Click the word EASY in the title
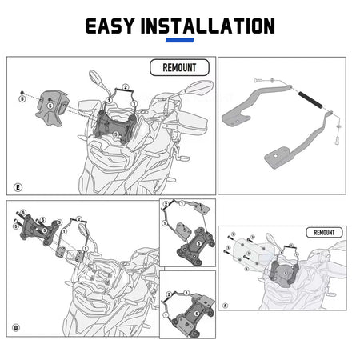(x=110, y=26)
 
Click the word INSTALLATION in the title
(x=208, y=26)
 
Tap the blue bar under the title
(x=180, y=40)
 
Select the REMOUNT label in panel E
(x=179, y=67)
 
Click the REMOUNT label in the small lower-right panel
(x=324, y=233)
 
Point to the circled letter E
(x=18, y=187)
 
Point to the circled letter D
(x=16, y=327)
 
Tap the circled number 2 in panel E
(x=126, y=87)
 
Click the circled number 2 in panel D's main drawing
(x=78, y=219)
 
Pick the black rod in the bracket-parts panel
(x=310, y=99)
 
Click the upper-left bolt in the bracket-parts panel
(x=257, y=80)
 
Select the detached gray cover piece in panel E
(x=52, y=107)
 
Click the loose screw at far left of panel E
(x=22, y=93)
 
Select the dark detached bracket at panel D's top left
(x=40, y=230)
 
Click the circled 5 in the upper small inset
(x=198, y=244)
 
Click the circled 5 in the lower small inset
(x=197, y=314)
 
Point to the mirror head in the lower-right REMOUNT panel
(x=270, y=238)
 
